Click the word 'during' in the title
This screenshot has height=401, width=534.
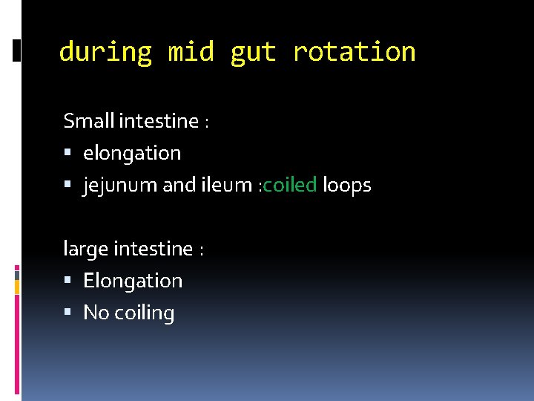coord(105,52)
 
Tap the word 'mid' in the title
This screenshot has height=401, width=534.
coord(191,52)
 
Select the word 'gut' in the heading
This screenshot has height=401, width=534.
coord(253,52)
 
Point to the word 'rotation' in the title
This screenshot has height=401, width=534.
coord(354,52)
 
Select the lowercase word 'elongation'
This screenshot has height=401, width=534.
coord(132,153)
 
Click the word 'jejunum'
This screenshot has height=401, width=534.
coord(119,186)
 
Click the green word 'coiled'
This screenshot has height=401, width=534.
coord(289,185)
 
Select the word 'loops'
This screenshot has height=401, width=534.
coord(346,186)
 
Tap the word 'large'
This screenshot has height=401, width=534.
coord(85,249)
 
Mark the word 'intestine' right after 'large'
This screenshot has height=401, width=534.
coord(154,248)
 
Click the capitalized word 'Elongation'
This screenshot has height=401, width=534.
coord(133,281)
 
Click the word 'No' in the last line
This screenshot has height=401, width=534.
coord(96,313)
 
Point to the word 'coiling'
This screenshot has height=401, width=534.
coord(145,313)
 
